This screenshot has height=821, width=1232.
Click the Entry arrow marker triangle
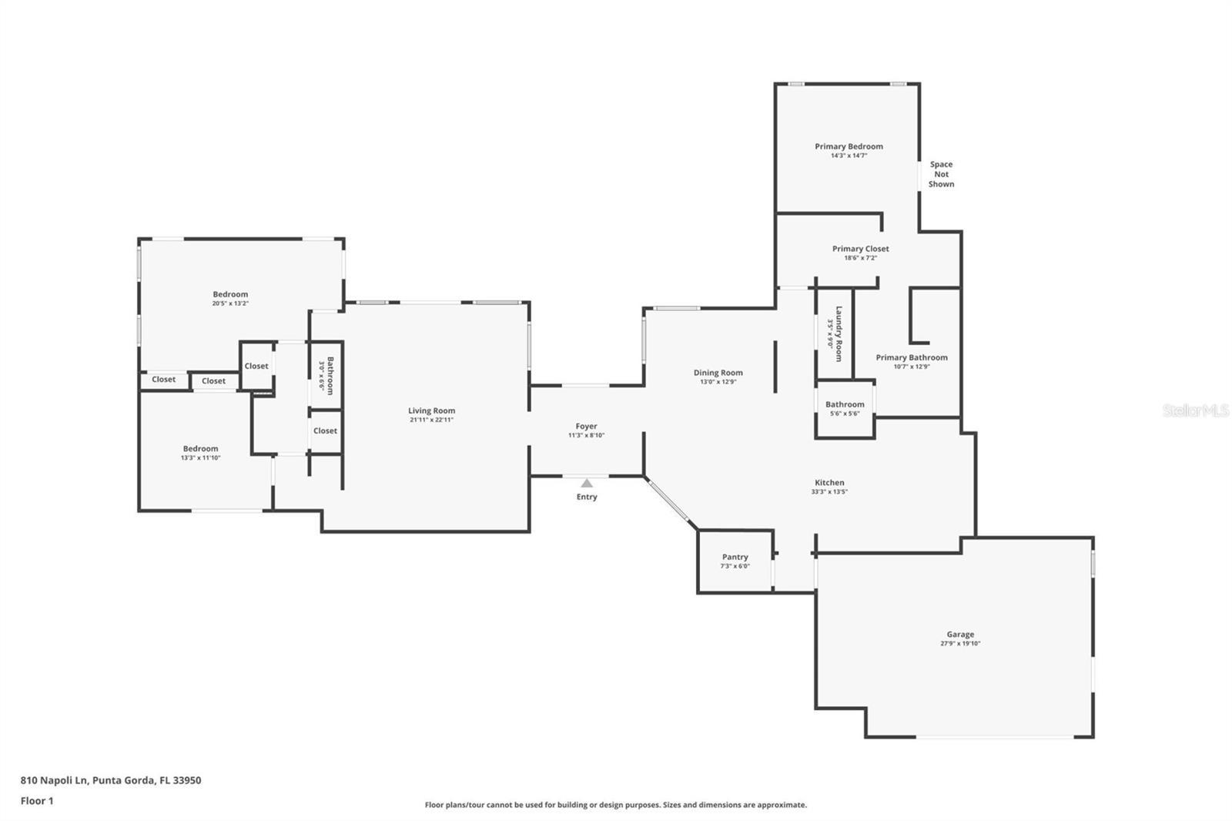coord(587,484)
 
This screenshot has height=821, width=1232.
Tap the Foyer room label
coord(586,426)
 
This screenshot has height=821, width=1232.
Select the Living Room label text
coord(431,410)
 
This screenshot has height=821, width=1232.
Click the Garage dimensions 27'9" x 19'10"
coord(960,644)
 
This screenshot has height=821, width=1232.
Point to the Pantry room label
coord(735,557)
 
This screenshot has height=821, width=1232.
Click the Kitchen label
coord(829,483)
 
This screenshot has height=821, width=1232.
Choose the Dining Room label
coord(718,373)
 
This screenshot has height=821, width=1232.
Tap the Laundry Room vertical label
coord(839,333)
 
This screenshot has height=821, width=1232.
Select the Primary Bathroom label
coord(912,357)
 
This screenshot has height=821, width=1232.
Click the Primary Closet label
coord(860,249)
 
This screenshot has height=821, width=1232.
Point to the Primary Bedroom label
coord(849,146)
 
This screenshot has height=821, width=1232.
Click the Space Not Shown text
coord(941,174)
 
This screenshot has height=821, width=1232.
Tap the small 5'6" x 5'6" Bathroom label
coord(845,404)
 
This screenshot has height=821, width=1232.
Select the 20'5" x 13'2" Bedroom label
coord(230,294)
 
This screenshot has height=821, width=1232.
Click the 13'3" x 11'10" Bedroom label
coord(200,449)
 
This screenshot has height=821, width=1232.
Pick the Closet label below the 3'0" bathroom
coord(325,431)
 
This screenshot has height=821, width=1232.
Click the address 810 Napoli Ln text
coord(110,780)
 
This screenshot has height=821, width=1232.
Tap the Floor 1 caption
coord(37,801)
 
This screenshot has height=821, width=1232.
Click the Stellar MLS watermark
coord(1195,410)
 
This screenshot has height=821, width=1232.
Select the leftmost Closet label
coord(163,380)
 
